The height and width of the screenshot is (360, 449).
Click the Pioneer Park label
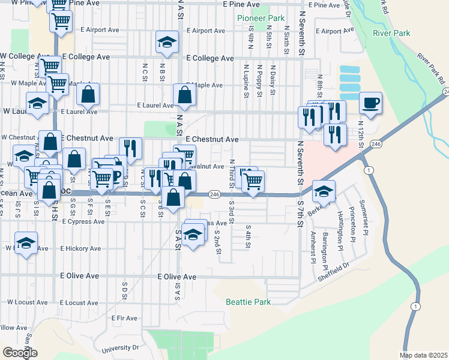261,19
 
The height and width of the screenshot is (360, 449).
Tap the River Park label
391,33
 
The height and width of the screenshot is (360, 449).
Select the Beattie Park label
248,302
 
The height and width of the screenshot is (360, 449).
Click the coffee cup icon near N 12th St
370,101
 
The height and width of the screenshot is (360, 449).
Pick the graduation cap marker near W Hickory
26,242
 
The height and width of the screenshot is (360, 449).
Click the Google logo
20,353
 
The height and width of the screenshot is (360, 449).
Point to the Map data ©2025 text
423,355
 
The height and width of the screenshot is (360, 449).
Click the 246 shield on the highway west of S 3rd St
214,194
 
